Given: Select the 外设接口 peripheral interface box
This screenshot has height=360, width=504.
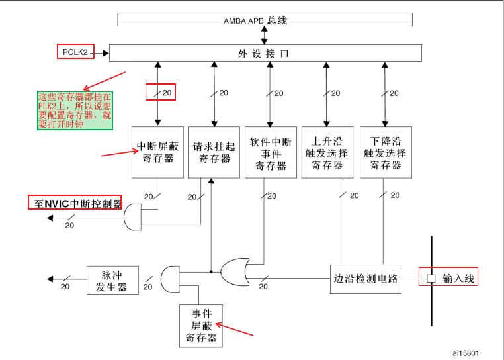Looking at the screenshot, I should [265, 53].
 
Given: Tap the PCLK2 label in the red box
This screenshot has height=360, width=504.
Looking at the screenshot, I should [75, 52].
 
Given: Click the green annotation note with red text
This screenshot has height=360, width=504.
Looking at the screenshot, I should [75, 110].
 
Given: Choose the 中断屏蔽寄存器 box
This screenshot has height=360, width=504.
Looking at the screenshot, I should [157, 152].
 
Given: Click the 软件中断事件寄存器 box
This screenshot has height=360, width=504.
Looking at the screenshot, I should [271, 152].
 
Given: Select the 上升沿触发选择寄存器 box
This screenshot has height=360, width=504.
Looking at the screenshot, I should [327, 152].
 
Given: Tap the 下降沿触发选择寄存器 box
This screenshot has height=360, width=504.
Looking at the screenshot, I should [386, 152].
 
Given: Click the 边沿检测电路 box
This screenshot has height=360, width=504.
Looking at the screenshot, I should [366, 279].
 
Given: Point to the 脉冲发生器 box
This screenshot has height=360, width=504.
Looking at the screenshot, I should [111, 281].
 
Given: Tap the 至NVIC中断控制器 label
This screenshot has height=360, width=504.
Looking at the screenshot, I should [75, 203].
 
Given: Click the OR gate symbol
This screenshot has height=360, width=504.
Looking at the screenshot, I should [235, 271].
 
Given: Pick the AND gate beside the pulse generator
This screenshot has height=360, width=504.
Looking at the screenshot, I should [171, 279].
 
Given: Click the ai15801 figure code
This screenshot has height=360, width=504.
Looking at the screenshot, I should [466, 353].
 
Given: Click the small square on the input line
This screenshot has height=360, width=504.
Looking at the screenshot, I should [431, 279].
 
